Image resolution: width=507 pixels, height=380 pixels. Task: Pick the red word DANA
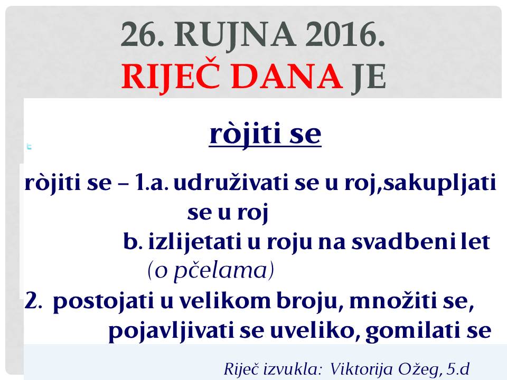tap(287, 77)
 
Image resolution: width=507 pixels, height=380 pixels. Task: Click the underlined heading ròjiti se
tap(265, 134)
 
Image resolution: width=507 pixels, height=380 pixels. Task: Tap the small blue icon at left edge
tap(29, 147)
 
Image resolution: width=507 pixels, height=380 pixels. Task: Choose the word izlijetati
tap(195, 242)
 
